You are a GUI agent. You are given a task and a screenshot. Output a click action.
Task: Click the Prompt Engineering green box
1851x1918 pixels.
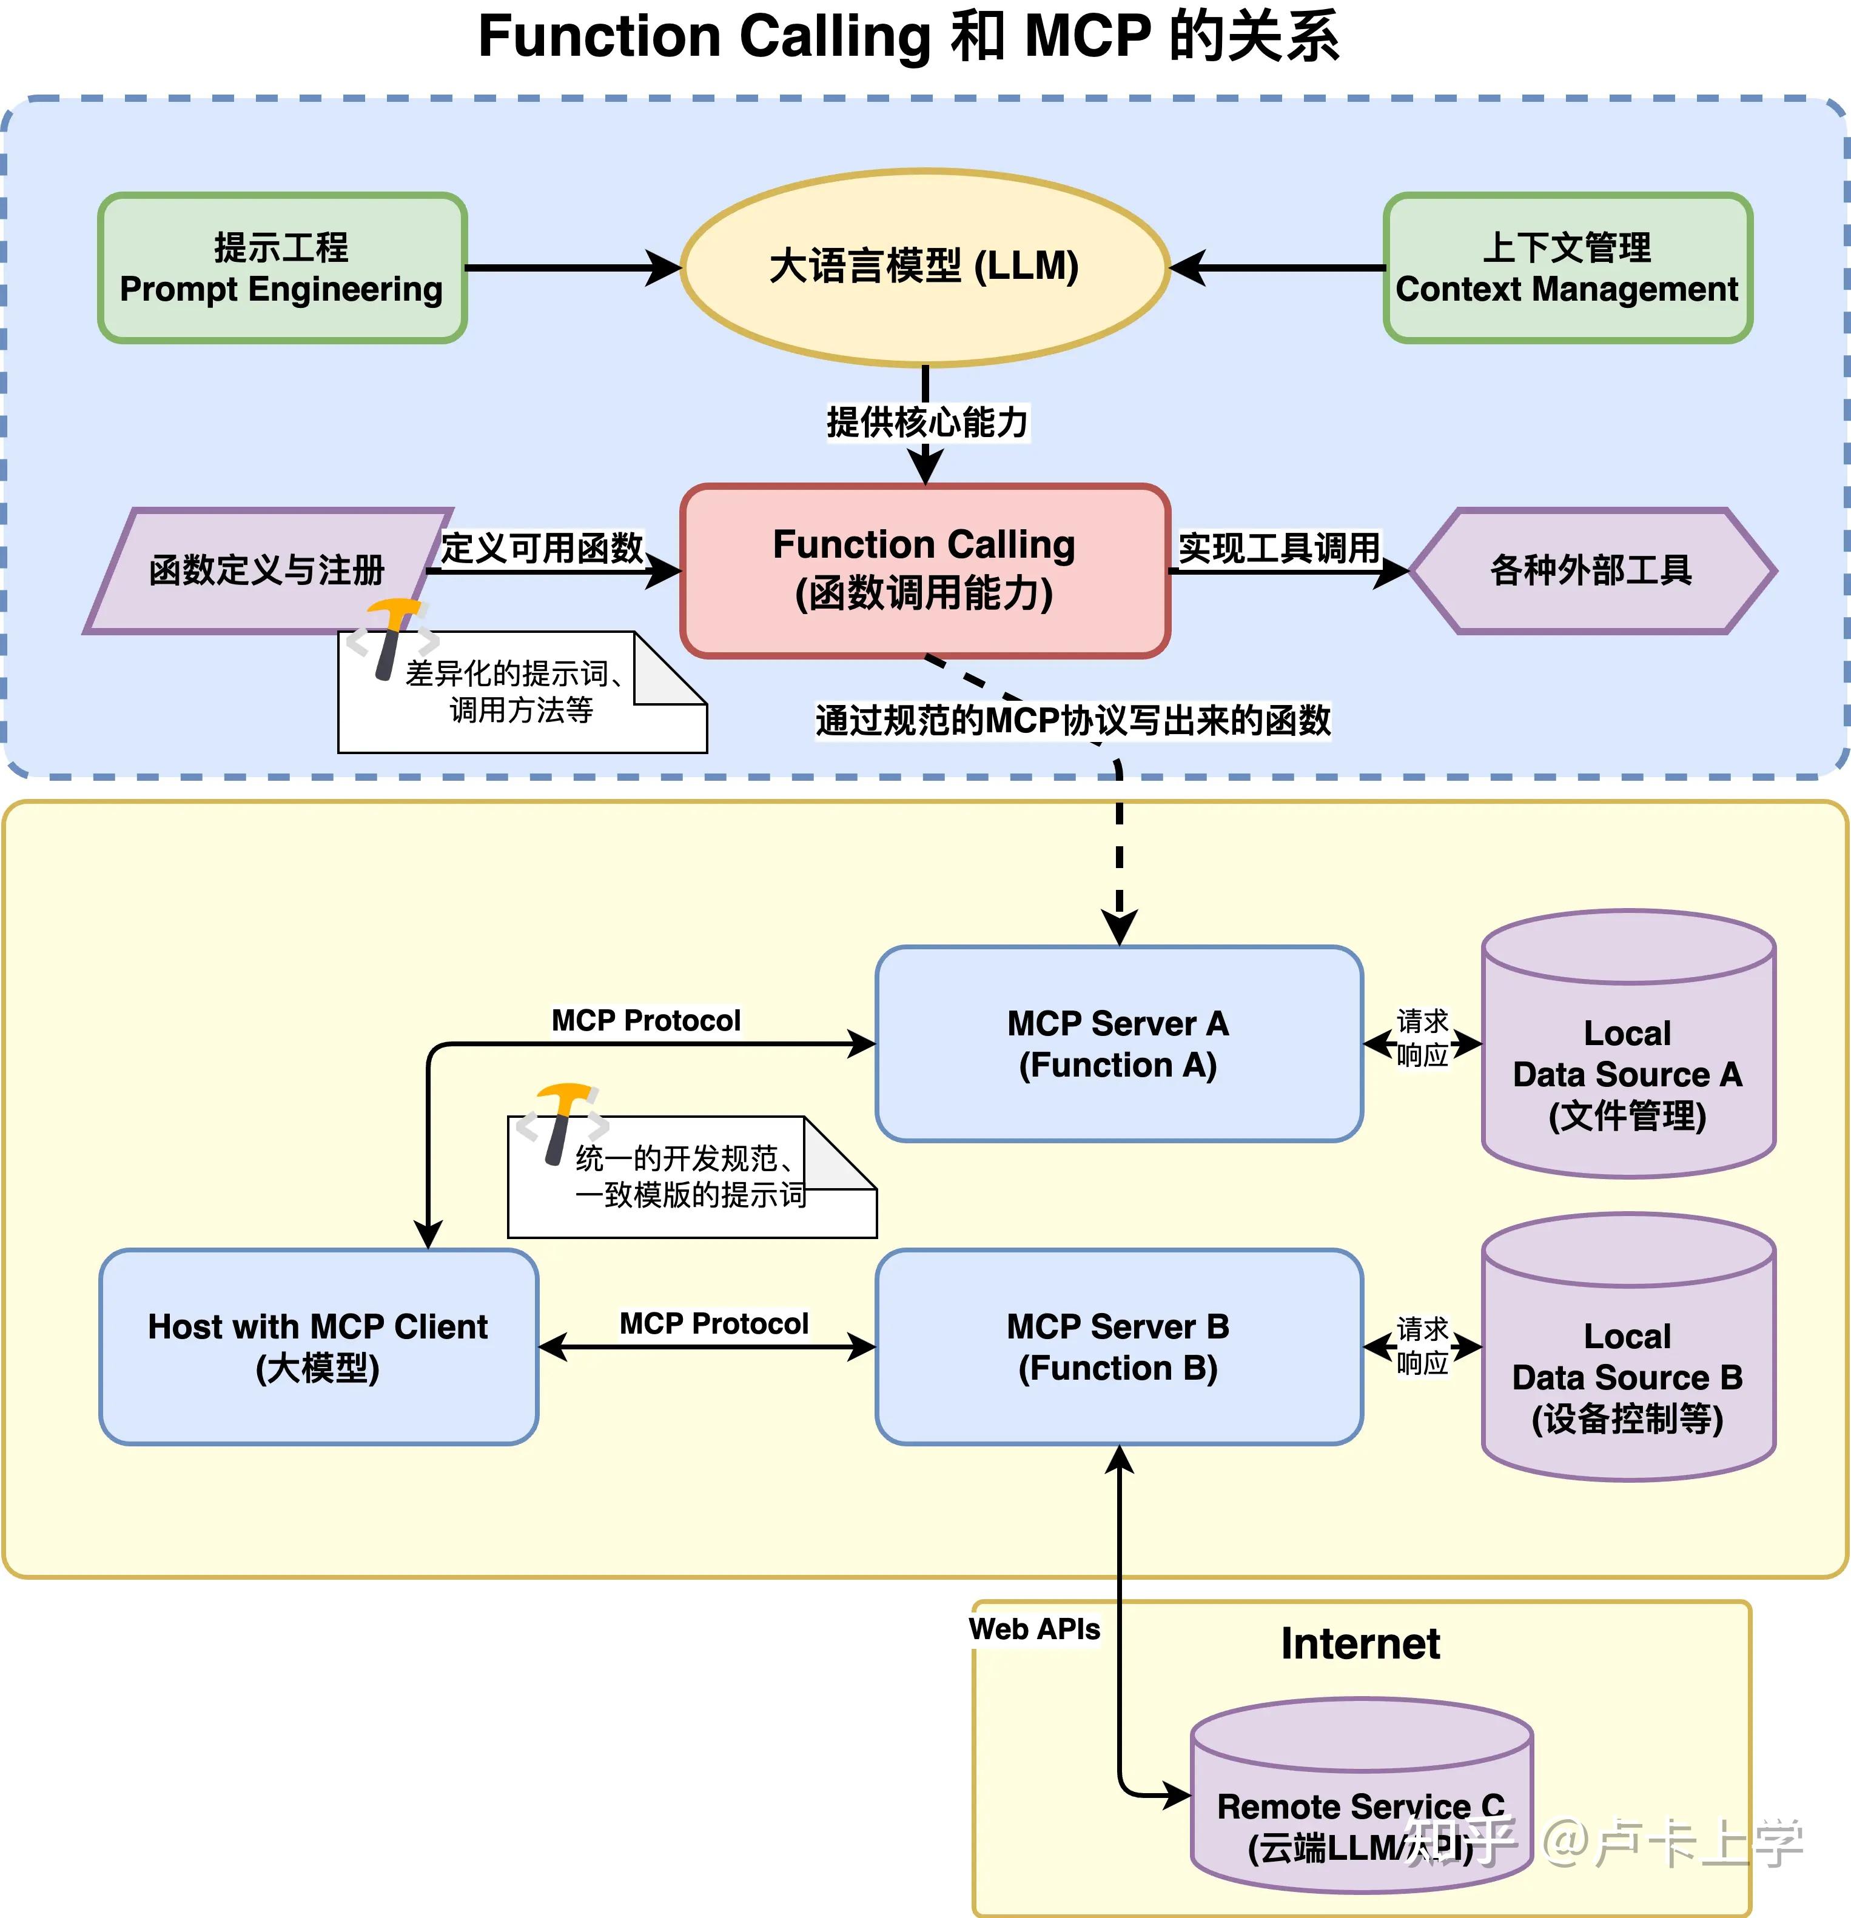tap(282, 267)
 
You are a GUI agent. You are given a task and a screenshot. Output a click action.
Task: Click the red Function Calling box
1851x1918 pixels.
tap(924, 570)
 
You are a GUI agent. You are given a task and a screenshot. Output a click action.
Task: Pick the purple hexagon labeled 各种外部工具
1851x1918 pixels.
tap(1591, 570)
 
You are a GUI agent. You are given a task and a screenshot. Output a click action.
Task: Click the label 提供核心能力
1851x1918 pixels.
tap(926, 423)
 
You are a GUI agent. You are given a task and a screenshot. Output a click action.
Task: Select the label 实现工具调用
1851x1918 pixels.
tap(1278, 548)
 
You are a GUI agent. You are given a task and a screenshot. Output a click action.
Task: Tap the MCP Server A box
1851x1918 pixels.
tap(1118, 1043)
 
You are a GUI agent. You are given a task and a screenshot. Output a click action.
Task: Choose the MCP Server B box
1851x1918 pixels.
tap(1118, 1346)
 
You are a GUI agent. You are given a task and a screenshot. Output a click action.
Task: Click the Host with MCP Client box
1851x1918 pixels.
tap(318, 1346)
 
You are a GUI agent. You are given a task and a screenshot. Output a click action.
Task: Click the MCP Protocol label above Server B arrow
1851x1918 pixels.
tap(714, 1323)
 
